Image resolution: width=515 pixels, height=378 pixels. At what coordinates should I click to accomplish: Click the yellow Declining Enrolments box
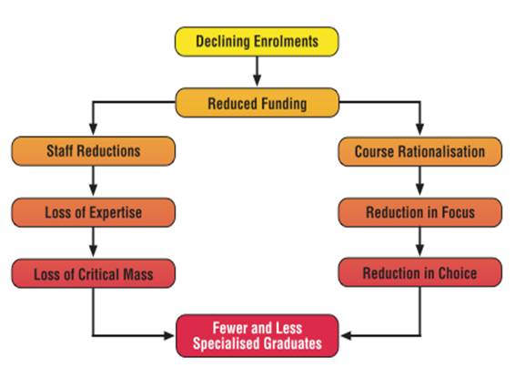coord(257,42)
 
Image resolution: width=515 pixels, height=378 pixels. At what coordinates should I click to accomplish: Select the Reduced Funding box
coord(257,103)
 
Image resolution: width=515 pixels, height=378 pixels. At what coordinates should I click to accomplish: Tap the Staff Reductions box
coord(94,151)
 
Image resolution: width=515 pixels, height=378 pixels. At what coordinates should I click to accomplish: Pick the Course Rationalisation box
coord(420,151)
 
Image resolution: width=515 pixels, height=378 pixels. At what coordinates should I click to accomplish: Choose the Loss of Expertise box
coord(94,212)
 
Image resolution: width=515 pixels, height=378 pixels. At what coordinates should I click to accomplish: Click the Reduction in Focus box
coord(420,212)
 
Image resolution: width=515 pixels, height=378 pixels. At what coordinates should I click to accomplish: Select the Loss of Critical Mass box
coord(94,273)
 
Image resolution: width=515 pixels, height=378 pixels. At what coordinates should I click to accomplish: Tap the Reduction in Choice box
coord(420,272)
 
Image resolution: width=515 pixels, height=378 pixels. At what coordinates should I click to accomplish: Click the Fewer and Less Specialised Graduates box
coord(257,335)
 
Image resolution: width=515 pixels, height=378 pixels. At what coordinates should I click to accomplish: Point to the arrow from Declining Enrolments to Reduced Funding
coord(257,71)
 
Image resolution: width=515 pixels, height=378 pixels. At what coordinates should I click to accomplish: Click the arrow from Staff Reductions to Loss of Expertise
coord(94,180)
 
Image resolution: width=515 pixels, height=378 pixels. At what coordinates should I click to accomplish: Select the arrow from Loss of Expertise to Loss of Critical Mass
coord(94,242)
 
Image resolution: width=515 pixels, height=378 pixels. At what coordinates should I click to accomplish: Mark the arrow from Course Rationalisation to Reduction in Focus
coord(419,180)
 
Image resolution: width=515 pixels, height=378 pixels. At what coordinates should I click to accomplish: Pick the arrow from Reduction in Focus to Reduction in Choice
coord(419,242)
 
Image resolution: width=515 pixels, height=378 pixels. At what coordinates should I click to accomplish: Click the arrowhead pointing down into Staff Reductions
coord(94,129)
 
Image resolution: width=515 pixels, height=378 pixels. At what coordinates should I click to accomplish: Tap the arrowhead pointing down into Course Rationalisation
coord(419,129)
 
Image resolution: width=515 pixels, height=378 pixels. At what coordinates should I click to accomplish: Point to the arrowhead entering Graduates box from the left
coord(168,335)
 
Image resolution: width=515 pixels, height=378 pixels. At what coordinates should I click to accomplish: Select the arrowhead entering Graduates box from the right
coord(346,335)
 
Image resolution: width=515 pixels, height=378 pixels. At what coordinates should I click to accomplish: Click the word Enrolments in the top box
coord(286,42)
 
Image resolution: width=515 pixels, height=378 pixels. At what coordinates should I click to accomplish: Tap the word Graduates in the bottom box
coord(293,343)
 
